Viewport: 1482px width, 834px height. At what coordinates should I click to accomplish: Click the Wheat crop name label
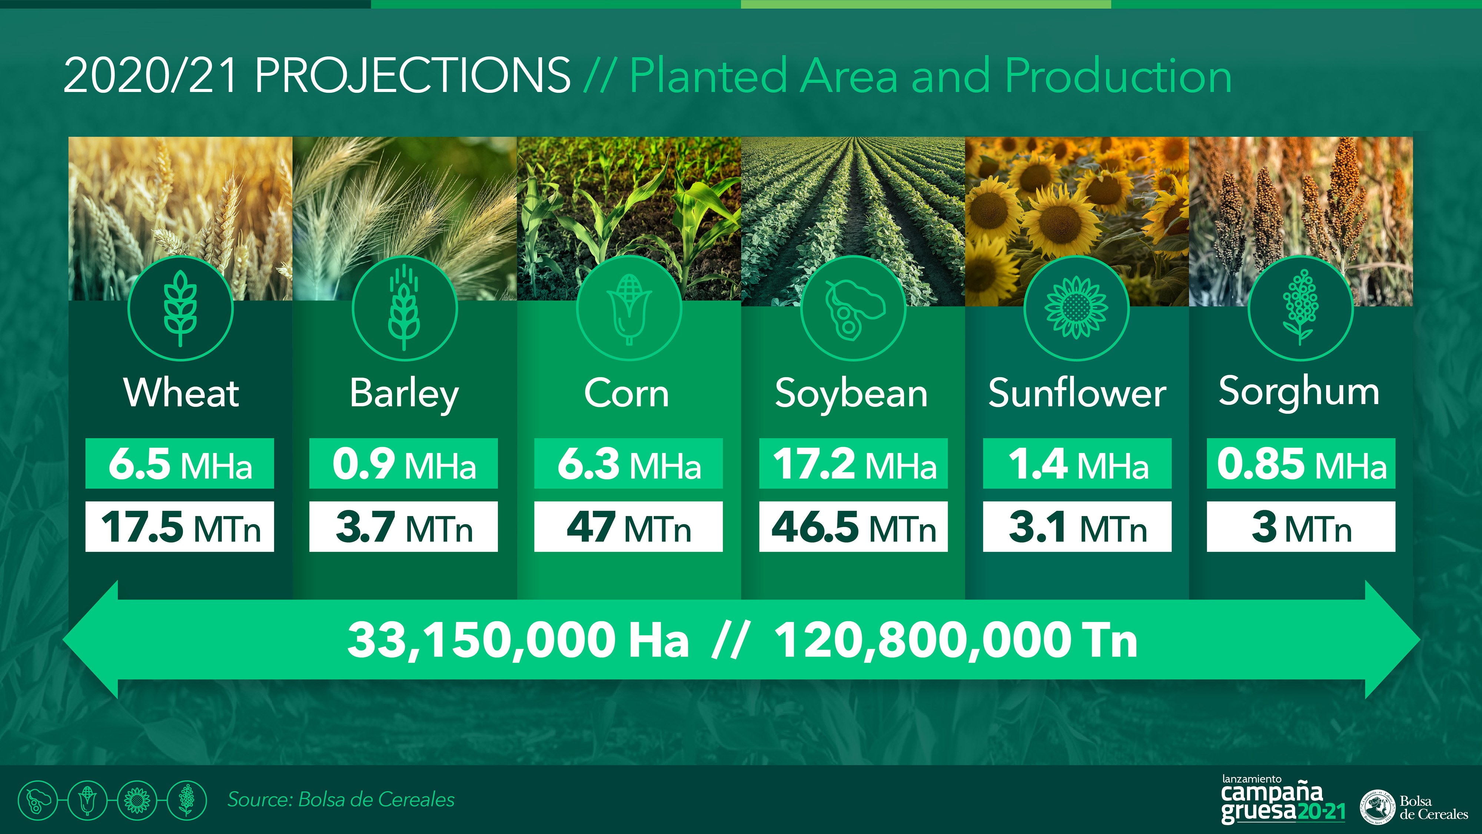coord(181,393)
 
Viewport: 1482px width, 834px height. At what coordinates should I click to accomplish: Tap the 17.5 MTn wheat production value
coord(180,527)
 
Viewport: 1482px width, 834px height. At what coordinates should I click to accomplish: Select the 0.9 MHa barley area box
coord(403,463)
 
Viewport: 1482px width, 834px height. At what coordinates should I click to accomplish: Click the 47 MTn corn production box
coord(628,527)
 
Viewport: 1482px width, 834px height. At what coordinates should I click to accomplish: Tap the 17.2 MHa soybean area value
coord(853,463)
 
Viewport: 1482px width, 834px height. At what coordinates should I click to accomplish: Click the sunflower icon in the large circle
coord(1076,308)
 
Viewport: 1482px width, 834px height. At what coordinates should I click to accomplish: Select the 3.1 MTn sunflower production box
coord(1077,527)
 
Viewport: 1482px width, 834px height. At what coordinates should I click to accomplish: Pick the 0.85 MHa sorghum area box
coord(1301,463)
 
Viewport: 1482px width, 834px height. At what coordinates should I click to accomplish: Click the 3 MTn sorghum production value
coord(1301,527)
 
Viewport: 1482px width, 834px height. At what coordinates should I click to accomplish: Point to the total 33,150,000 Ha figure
coord(518,640)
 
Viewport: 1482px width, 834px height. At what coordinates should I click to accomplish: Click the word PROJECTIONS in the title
coord(412,75)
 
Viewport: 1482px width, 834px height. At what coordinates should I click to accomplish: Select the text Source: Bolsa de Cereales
coord(341,800)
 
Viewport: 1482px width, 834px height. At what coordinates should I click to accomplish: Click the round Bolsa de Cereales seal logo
coord(1378,807)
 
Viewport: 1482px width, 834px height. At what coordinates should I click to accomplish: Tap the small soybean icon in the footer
coord(38,800)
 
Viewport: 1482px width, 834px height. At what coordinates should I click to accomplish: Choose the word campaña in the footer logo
coord(1272,793)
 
